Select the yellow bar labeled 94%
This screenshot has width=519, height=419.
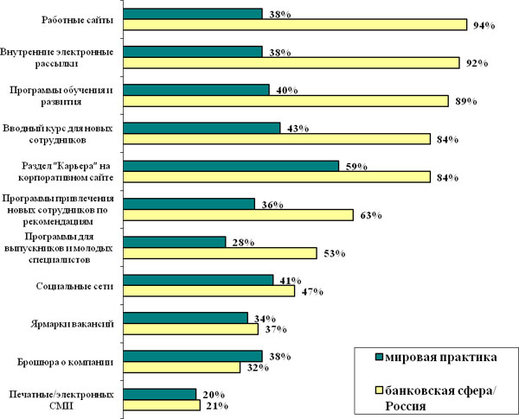[x=295, y=25]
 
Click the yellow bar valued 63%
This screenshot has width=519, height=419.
[x=239, y=214]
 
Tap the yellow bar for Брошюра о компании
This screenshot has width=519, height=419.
[x=182, y=366]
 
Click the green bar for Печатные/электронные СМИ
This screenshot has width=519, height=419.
[x=160, y=393]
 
